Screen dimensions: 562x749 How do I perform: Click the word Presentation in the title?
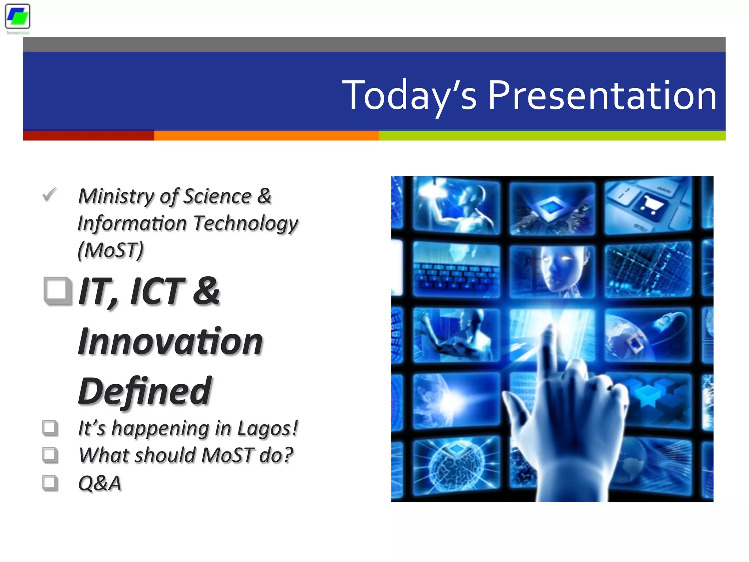(x=602, y=95)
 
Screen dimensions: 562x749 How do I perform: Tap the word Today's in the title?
(x=409, y=95)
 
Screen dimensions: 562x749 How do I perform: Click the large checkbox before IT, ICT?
(x=57, y=291)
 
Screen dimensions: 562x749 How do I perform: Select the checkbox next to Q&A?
(x=50, y=483)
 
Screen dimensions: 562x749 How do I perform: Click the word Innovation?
(x=170, y=341)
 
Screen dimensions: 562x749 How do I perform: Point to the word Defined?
(x=145, y=391)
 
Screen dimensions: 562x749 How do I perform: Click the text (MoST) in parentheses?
(x=111, y=251)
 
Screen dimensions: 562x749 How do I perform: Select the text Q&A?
(x=99, y=483)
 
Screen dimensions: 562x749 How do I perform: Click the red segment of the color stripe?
(x=89, y=136)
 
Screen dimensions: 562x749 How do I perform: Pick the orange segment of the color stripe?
(x=266, y=136)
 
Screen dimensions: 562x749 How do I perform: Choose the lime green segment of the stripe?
(x=552, y=136)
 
